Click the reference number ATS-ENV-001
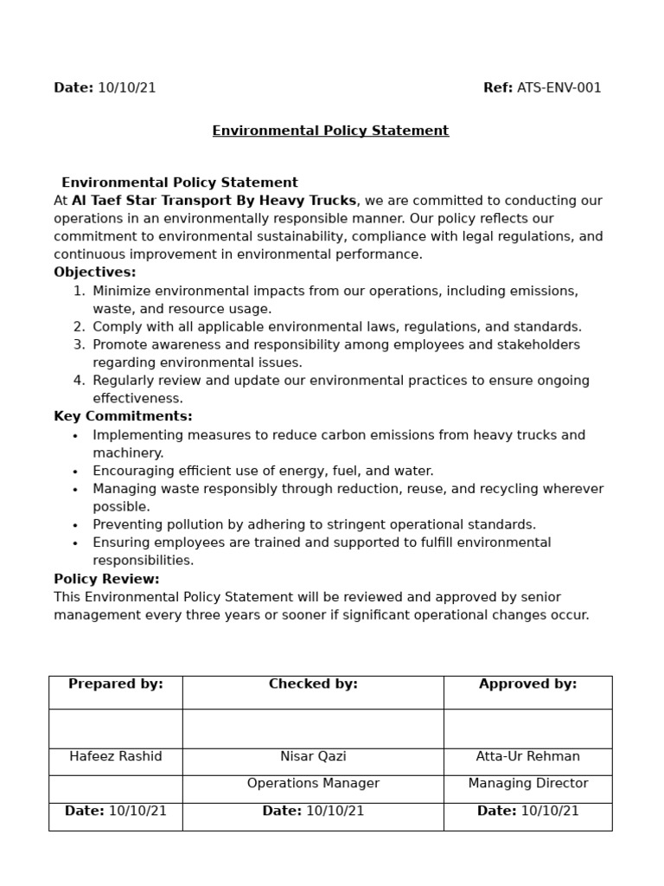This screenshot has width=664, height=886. (559, 87)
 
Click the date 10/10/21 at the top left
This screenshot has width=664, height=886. (126, 87)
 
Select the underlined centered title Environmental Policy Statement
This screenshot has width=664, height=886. (330, 131)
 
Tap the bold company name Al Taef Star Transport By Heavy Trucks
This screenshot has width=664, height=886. (214, 201)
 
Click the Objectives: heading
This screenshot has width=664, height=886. (95, 273)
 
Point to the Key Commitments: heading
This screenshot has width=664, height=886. (123, 416)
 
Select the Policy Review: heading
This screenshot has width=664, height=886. (106, 579)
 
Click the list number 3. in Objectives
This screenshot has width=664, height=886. (79, 345)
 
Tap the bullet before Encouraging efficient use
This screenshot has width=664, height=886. (75, 472)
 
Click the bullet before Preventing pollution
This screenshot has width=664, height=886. (75, 525)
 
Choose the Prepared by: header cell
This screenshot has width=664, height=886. (116, 684)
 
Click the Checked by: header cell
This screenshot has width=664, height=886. (313, 684)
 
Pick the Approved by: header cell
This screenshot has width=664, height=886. (527, 684)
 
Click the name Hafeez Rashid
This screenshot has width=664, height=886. (116, 757)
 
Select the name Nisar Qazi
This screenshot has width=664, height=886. (313, 757)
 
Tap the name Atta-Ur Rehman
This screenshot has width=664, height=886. (527, 757)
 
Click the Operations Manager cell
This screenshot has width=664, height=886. (313, 784)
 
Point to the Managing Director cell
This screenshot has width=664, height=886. (527, 784)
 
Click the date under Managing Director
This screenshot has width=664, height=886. (527, 812)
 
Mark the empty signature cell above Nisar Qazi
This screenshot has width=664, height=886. (313, 729)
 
